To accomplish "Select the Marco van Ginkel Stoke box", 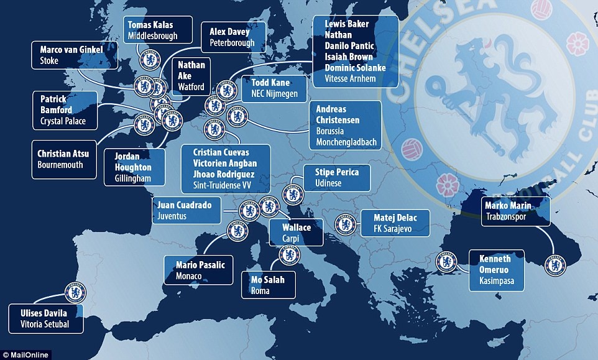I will [75, 55].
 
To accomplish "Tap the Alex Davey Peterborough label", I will [232, 37].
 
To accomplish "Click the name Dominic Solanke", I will [355, 67].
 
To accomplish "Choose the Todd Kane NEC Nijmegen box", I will [270, 88].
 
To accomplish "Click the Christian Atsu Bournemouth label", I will [65, 159].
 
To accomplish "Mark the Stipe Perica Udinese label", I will [336, 177].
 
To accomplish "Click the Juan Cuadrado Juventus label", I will [186, 211].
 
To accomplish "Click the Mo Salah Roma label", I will [268, 285].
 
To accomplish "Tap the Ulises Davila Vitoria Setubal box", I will [47, 318].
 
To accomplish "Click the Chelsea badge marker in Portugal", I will [75, 292].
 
